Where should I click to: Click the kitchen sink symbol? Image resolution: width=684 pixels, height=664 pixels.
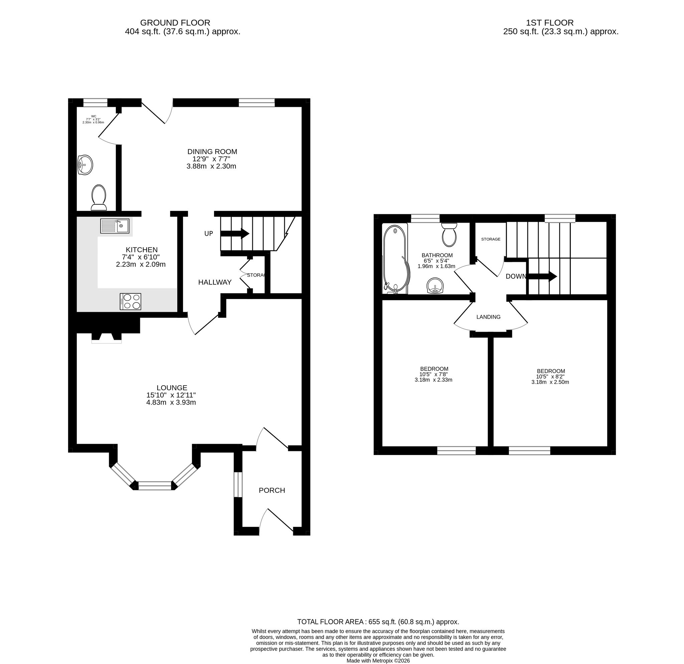tap(115, 226)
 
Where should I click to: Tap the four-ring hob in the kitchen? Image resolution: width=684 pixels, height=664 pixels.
tap(131, 302)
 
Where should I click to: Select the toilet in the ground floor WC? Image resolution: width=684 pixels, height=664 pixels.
tap(99, 197)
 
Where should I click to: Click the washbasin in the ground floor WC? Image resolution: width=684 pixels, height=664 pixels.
tap(85, 165)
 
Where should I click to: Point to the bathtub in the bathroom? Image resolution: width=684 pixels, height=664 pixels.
tap(395, 258)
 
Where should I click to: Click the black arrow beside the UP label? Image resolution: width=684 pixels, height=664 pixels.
tap(235, 234)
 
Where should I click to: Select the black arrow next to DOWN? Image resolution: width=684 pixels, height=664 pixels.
tap(542, 276)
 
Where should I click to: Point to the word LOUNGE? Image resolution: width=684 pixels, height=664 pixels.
tap(172, 388)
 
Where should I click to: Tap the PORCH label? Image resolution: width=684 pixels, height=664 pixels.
tap(272, 490)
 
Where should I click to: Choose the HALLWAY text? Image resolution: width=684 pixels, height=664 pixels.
tap(215, 282)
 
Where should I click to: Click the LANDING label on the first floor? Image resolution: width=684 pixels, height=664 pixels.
tap(489, 317)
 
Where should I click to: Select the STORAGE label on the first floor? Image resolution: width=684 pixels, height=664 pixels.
tap(491, 239)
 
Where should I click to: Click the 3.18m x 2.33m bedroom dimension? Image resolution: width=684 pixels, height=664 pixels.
tap(434, 380)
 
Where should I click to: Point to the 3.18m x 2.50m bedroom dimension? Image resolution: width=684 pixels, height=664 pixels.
tap(550, 382)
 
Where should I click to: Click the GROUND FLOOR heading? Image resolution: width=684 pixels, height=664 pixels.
tap(175, 23)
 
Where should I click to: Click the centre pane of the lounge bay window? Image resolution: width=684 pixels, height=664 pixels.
tap(155, 486)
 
